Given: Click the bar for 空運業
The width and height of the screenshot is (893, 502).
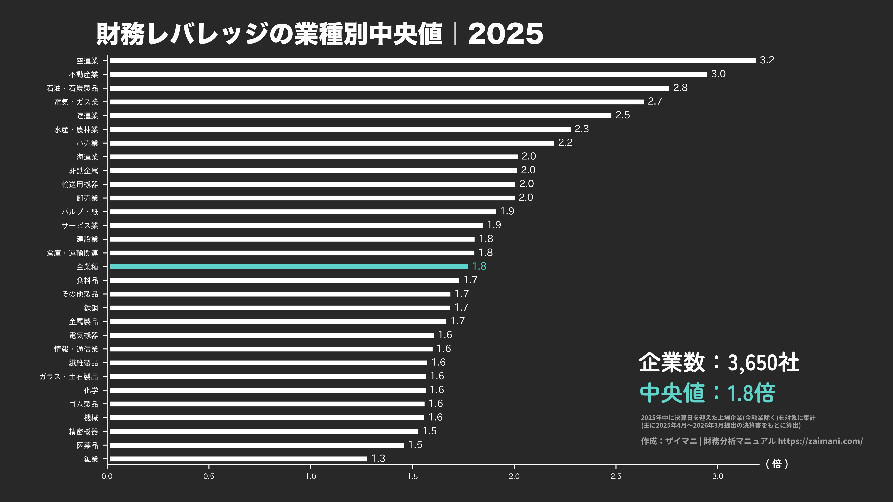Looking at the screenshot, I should pos(433,61).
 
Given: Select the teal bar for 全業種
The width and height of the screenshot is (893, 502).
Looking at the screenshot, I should pos(289,267).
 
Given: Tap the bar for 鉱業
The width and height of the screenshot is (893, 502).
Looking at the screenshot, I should pos(238,459).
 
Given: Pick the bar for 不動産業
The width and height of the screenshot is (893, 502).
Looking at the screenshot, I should pos(408,74).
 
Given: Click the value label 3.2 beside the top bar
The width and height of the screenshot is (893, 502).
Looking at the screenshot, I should pos(767,60).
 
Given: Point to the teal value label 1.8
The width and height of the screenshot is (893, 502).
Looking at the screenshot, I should pos(479,266).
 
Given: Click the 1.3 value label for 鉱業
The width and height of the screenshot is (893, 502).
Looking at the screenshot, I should pos(378,458).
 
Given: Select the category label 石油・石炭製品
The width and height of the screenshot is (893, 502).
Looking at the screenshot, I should pos(73,88).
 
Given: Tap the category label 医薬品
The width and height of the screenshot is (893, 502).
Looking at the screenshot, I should pos(87,445).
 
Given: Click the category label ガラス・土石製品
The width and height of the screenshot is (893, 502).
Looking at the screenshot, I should pos(69,377).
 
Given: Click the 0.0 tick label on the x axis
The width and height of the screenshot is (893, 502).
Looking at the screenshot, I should pos(107,476).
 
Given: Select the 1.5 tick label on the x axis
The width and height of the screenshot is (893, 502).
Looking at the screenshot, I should pos(412,476).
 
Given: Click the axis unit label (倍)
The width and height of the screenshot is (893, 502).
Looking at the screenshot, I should pos(777,464).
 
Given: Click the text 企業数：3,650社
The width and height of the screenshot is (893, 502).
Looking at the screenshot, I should pos(719,362).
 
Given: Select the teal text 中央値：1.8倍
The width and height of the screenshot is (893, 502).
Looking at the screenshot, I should pos(707,393).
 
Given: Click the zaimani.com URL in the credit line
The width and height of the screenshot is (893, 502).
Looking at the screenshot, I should pos(820,441).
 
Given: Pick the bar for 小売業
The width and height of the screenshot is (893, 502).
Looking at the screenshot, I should pos(332,143).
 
